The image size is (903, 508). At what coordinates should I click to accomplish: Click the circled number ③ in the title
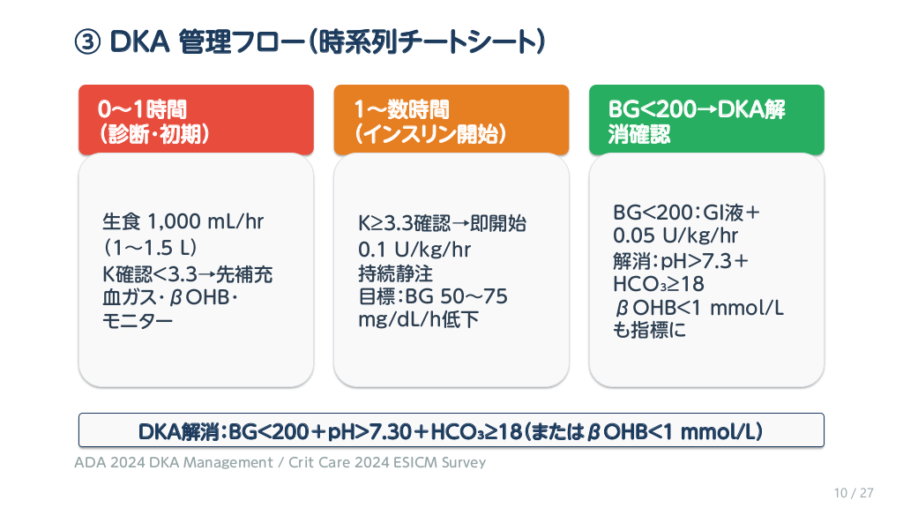point(87,42)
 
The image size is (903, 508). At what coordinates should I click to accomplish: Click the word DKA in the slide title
point(139,42)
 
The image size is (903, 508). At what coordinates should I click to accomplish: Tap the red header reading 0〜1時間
point(196,120)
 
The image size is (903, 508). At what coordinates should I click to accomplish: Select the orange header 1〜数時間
point(451,120)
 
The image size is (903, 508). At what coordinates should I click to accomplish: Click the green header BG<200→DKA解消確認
point(706,120)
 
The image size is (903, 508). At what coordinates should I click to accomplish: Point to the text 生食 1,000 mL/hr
point(183,221)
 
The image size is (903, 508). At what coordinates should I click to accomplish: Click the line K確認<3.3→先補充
point(187,274)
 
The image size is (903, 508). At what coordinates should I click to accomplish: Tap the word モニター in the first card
point(138,321)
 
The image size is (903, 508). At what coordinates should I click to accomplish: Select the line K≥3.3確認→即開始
point(442,223)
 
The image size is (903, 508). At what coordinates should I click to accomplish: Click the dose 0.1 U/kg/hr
point(414,250)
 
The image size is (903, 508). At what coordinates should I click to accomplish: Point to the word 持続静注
point(396,273)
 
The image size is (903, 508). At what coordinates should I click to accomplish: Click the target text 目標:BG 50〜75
point(433,296)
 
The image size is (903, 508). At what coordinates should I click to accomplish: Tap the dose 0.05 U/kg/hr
point(675,235)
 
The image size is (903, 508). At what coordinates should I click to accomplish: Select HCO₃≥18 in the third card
point(659,284)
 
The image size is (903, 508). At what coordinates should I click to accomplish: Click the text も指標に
point(650,330)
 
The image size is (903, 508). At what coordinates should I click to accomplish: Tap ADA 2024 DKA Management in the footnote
point(174,462)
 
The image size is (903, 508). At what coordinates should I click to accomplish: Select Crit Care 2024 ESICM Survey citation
point(387,462)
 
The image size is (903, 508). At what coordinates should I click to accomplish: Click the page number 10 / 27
point(854,493)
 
